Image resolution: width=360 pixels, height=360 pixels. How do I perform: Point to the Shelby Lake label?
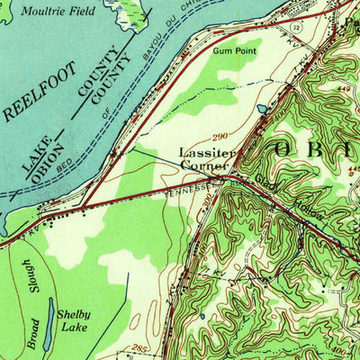click(74, 320)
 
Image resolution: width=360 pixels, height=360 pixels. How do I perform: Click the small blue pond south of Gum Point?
click(262, 108)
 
